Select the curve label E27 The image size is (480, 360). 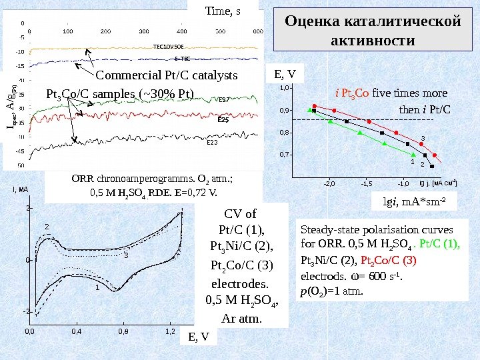tap(224, 99)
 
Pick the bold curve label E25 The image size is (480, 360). tap(223, 121)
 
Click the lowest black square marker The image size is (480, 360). tap(432, 166)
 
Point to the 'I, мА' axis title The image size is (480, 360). tap(20, 190)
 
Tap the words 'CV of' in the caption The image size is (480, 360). tap(241, 215)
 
